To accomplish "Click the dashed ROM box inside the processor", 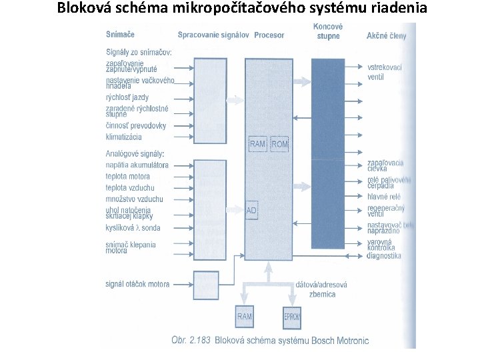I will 280,144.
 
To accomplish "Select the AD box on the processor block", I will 252,210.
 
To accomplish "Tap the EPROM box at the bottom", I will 292,317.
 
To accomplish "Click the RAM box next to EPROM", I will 245,317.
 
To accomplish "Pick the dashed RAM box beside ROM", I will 258,144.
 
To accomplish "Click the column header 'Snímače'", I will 120,35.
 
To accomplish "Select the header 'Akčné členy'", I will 387,35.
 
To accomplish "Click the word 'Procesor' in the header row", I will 269,35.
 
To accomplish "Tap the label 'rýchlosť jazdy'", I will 127,97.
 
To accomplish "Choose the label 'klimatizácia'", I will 124,137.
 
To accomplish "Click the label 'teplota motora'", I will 127,177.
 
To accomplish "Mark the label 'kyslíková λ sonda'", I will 132,228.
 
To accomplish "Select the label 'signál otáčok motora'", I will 137,284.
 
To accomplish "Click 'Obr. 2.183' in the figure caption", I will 191,339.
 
